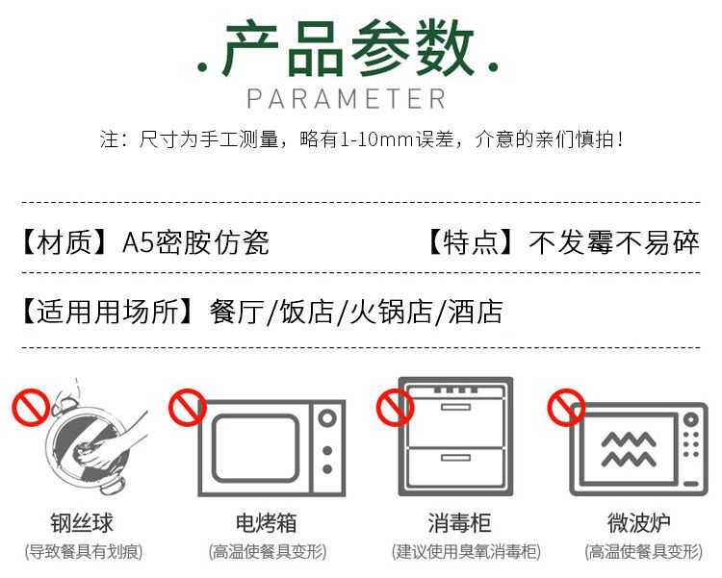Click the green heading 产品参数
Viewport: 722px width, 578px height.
348,48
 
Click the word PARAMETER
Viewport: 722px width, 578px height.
347,99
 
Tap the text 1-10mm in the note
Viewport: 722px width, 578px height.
375,139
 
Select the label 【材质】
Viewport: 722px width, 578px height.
64,242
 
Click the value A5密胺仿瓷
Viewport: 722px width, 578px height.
195,242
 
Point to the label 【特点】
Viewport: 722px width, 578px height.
471,242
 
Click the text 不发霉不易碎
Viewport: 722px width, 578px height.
614,242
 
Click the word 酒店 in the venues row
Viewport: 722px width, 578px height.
476,312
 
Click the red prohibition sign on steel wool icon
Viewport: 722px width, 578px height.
31,407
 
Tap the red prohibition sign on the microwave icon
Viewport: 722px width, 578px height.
566,407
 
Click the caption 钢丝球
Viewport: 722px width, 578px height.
82,523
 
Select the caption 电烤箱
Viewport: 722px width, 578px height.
266,523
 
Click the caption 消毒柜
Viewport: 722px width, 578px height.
459,523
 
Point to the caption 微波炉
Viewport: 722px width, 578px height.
638,523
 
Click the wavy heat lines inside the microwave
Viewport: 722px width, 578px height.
629,449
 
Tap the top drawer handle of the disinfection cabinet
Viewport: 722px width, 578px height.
455,407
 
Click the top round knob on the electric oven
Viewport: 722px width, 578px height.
327,418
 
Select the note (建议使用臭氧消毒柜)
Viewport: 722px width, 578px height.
466,551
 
